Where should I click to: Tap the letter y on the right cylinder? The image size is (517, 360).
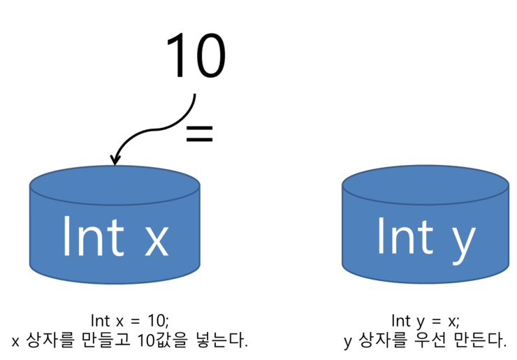[x=460, y=242]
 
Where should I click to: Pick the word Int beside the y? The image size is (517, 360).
[x=405, y=236]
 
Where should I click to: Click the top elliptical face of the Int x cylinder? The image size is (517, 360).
[x=115, y=185]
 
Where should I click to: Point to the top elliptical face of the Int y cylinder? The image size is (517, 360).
[x=425, y=185]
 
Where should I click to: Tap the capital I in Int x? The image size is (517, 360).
[x=66, y=236]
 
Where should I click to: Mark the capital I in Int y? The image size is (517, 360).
[x=381, y=236]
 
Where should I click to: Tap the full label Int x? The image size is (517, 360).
[x=115, y=236]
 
